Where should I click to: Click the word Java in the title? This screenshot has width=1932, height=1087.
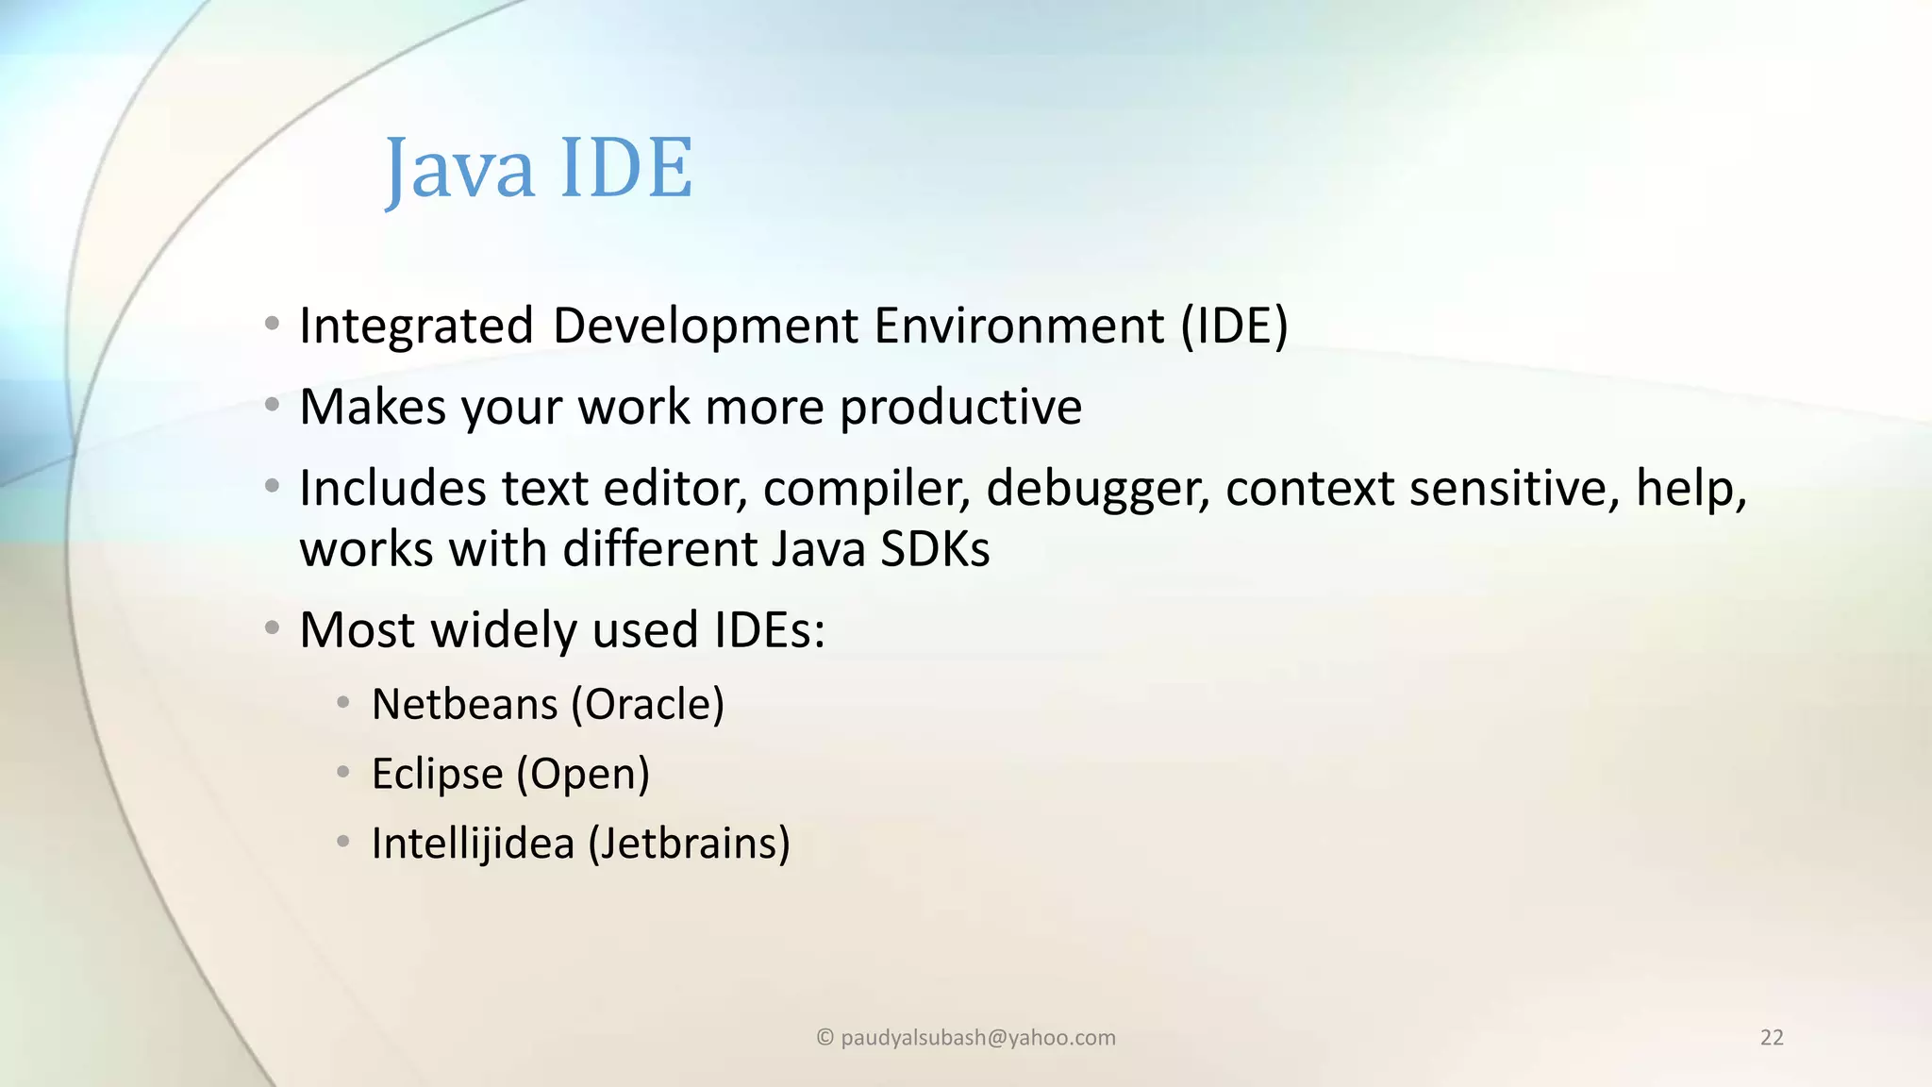(459, 170)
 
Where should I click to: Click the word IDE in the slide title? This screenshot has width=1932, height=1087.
(626, 168)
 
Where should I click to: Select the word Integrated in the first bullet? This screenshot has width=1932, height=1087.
(416, 326)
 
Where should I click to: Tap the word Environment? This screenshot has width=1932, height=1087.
(1019, 326)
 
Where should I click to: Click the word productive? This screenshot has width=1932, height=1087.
(960, 409)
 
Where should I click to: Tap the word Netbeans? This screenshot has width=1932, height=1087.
(465, 705)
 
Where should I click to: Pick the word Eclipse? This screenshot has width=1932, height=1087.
(437, 775)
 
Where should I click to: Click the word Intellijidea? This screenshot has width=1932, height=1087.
(473, 844)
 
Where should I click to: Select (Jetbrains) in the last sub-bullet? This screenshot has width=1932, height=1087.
(689, 844)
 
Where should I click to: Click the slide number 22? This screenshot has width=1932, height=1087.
(1772, 1038)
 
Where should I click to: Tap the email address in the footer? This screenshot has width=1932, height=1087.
(977, 1038)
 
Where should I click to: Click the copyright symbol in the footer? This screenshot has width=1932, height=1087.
(824, 1038)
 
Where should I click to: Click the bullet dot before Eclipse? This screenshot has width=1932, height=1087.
(343, 773)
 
